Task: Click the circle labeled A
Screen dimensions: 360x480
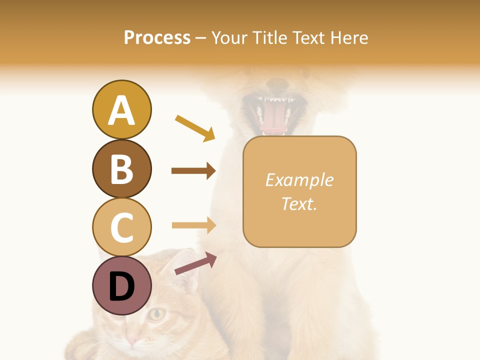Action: pyautogui.click(x=121, y=109)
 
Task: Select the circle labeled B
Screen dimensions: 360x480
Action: pyautogui.click(x=121, y=168)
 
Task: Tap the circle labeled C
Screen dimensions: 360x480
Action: pyautogui.click(x=121, y=227)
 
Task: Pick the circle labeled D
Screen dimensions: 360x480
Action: pyautogui.click(x=121, y=285)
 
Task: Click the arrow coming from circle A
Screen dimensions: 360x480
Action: pyautogui.click(x=195, y=128)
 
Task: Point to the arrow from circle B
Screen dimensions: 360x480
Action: pyautogui.click(x=193, y=171)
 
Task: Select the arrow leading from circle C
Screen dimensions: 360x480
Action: pyautogui.click(x=193, y=225)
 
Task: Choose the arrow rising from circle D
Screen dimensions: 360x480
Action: pyautogui.click(x=195, y=264)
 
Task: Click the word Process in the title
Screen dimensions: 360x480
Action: pyautogui.click(x=157, y=37)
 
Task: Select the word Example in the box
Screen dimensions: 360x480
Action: pyautogui.click(x=299, y=180)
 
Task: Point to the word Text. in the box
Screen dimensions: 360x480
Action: pyautogui.click(x=299, y=203)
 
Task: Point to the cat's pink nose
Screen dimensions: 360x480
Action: pyautogui.click(x=132, y=341)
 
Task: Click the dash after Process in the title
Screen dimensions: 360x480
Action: pyautogui.click(x=200, y=38)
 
